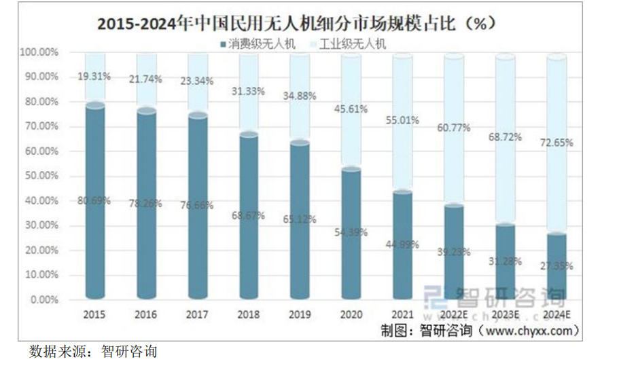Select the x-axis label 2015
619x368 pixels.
click(94, 315)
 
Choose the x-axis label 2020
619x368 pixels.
click(351, 315)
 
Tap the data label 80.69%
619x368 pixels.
click(94, 201)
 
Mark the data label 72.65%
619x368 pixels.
click(556, 143)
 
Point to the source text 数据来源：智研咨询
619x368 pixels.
click(92, 352)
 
